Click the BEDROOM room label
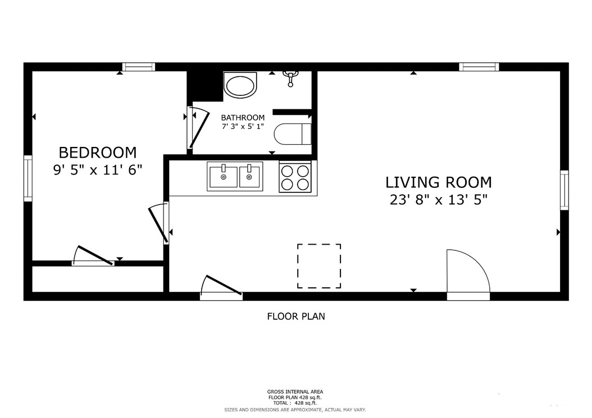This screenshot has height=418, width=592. point(98,152)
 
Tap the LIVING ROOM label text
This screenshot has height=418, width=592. point(438,182)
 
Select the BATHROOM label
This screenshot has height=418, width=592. point(242,118)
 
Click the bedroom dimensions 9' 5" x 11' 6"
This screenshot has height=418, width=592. point(98,170)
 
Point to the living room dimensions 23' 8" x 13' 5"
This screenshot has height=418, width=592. point(438,200)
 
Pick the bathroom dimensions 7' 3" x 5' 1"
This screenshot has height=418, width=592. point(242,127)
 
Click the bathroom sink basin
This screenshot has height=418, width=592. point(240,85)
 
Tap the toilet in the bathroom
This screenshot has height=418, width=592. point(292,134)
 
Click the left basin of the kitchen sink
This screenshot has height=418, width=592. point(223,176)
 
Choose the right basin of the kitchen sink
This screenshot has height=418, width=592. point(251,176)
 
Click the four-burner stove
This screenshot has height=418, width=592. point(295,177)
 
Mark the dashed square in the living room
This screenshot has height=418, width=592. point(319,266)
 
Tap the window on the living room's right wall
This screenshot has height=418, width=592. point(564,190)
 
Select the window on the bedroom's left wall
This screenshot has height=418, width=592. point(28,178)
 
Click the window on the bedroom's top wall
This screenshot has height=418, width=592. point(139,67)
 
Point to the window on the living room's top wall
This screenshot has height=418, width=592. point(479,67)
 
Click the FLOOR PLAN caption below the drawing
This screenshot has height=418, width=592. point(295,316)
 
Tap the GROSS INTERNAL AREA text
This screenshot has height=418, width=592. point(295,392)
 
